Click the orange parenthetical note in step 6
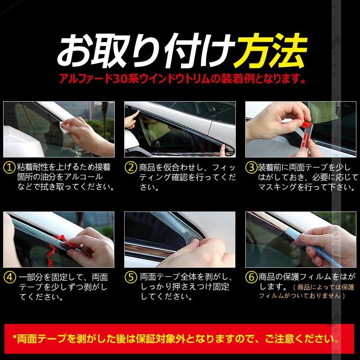point(306,292)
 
